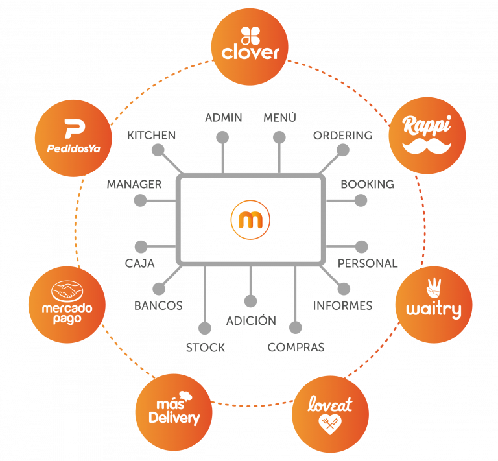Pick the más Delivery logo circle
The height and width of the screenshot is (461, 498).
point(173,411)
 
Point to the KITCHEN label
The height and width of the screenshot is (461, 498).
point(152,136)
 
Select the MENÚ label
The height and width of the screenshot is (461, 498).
point(279,117)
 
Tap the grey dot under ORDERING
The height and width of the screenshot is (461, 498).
point(343,150)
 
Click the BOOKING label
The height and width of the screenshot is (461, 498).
point(367,184)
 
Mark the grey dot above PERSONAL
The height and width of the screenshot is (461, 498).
point(362,246)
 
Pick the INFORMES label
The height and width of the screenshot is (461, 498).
point(342,305)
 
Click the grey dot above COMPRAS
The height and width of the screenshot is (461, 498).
point(295,328)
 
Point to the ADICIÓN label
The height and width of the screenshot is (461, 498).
point(251,321)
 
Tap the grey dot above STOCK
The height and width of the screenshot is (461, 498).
point(205,329)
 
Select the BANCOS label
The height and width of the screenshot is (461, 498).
point(158,305)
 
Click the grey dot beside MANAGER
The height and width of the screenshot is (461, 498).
point(140,201)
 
